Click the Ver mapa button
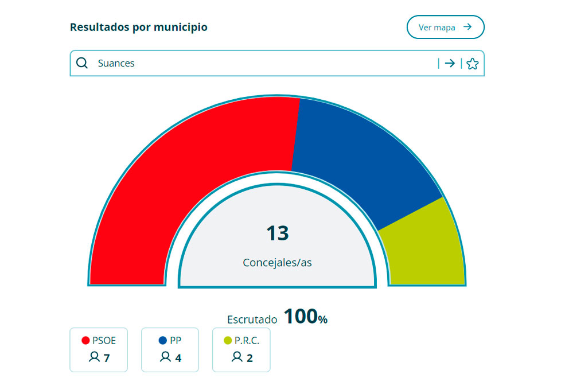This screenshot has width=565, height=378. [x=445, y=27]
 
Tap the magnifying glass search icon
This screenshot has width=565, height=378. [x=82, y=63]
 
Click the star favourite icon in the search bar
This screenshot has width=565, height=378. [x=472, y=64]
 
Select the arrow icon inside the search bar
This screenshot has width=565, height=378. [x=450, y=64]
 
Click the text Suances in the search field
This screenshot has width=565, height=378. [x=116, y=63]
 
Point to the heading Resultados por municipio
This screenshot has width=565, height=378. [x=138, y=27]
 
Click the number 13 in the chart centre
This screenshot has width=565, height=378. [x=277, y=233]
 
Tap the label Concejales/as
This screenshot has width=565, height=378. [x=277, y=263]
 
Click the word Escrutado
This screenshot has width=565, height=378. [x=252, y=319]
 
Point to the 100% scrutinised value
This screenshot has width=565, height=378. [x=305, y=317]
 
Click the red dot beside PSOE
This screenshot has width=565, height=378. [x=86, y=341]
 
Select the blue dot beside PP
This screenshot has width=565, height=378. [x=162, y=341]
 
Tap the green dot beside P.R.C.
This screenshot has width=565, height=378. [x=228, y=341]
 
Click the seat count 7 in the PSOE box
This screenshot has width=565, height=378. [x=106, y=358]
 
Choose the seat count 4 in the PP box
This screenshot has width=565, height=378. [x=178, y=358]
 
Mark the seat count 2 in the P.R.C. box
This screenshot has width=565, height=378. [x=250, y=358]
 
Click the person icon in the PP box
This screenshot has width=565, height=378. [x=165, y=357]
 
